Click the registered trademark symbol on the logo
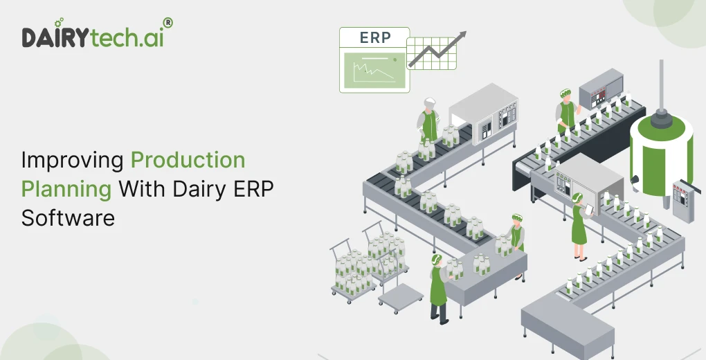point(168,23)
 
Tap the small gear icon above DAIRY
point(58,24)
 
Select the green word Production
point(188,161)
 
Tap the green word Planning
point(66,188)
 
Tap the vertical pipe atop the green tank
point(661,83)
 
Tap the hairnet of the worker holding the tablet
point(577,198)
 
